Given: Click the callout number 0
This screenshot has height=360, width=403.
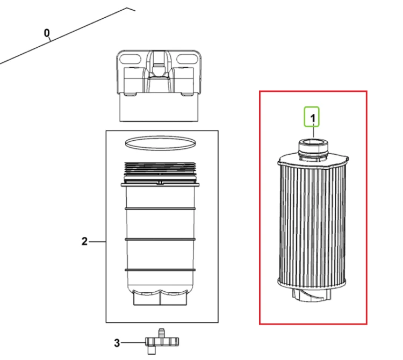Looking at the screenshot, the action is (x=47, y=33).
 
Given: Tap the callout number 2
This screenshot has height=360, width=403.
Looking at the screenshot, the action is (x=84, y=242).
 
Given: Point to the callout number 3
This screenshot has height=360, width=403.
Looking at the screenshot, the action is (x=117, y=343).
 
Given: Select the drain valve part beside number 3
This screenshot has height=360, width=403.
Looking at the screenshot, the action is (x=162, y=342).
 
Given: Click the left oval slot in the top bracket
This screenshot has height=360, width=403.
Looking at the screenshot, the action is (x=131, y=60).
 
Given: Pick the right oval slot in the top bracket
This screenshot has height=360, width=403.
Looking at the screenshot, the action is (x=188, y=60).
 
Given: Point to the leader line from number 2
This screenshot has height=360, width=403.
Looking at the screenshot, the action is (x=97, y=242).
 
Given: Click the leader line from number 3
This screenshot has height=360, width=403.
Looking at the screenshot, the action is (x=133, y=342).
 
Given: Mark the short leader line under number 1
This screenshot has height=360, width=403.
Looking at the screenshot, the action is (x=313, y=130).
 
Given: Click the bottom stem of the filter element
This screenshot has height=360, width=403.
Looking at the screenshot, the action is (x=312, y=295).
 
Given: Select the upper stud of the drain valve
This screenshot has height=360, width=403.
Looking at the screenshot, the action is (x=161, y=333).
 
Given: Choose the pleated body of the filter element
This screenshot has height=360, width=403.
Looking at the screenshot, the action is (x=312, y=224).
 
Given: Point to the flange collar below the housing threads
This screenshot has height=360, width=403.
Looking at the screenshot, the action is (x=160, y=184).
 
